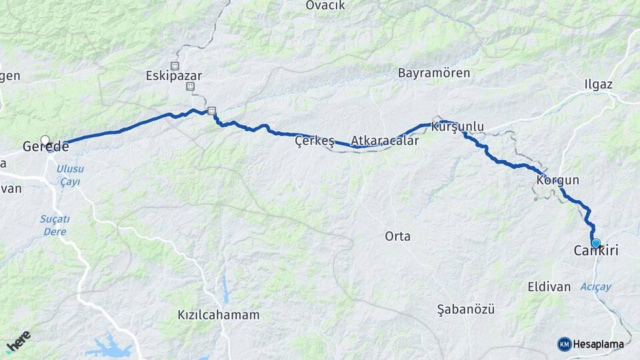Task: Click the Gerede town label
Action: click(45, 147)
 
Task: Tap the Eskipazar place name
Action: click(173, 76)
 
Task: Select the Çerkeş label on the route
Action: click(314, 141)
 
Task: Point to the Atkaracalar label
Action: click(385, 141)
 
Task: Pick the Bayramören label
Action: click(434, 73)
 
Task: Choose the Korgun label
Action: click(557, 180)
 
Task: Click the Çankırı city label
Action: click(596, 251)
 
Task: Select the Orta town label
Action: click(398, 236)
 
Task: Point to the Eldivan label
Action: click(549, 287)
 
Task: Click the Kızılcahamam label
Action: click(219, 315)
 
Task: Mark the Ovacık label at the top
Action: click(325, 5)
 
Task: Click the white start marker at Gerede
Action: click(45, 140)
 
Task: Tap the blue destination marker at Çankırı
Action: click(595, 243)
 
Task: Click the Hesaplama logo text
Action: click(597, 344)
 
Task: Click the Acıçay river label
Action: click(595, 287)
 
